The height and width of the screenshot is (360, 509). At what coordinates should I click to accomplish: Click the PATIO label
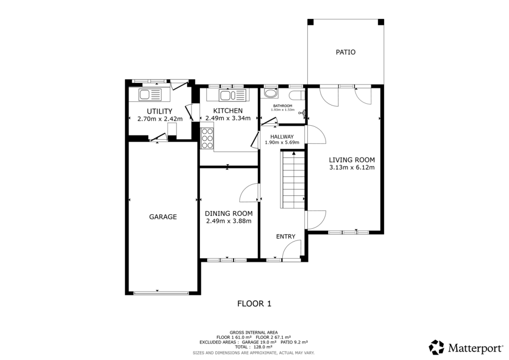click(x=345, y=52)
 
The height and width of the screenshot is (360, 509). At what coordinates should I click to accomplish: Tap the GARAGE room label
click(x=163, y=217)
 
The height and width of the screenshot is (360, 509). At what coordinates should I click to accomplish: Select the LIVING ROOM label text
click(x=351, y=160)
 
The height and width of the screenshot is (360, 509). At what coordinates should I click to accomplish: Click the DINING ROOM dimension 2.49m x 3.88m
click(x=229, y=221)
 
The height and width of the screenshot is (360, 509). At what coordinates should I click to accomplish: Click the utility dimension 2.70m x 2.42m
click(x=160, y=119)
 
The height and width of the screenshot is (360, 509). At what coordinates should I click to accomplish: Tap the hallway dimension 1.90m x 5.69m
click(x=282, y=142)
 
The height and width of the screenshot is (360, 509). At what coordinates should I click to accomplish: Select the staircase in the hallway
click(x=293, y=180)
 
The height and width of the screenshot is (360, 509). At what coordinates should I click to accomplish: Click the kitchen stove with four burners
click(x=207, y=138)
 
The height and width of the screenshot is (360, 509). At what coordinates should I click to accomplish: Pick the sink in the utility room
click(x=150, y=94)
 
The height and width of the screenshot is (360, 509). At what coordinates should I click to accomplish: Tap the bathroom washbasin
click(x=271, y=93)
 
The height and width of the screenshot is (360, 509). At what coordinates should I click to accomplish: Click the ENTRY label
click(x=286, y=236)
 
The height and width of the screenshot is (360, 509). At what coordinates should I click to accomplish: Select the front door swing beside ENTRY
click(x=293, y=250)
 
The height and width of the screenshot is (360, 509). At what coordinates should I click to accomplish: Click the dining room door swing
click(x=250, y=192)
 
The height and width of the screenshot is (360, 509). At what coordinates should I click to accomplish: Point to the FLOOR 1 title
click(x=254, y=303)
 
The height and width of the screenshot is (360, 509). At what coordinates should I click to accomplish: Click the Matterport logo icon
click(x=436, y=347)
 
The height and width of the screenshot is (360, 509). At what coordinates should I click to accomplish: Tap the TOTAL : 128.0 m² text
click(x=254, y=347)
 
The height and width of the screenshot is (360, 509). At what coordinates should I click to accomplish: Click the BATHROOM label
click(x=282, y=105)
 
